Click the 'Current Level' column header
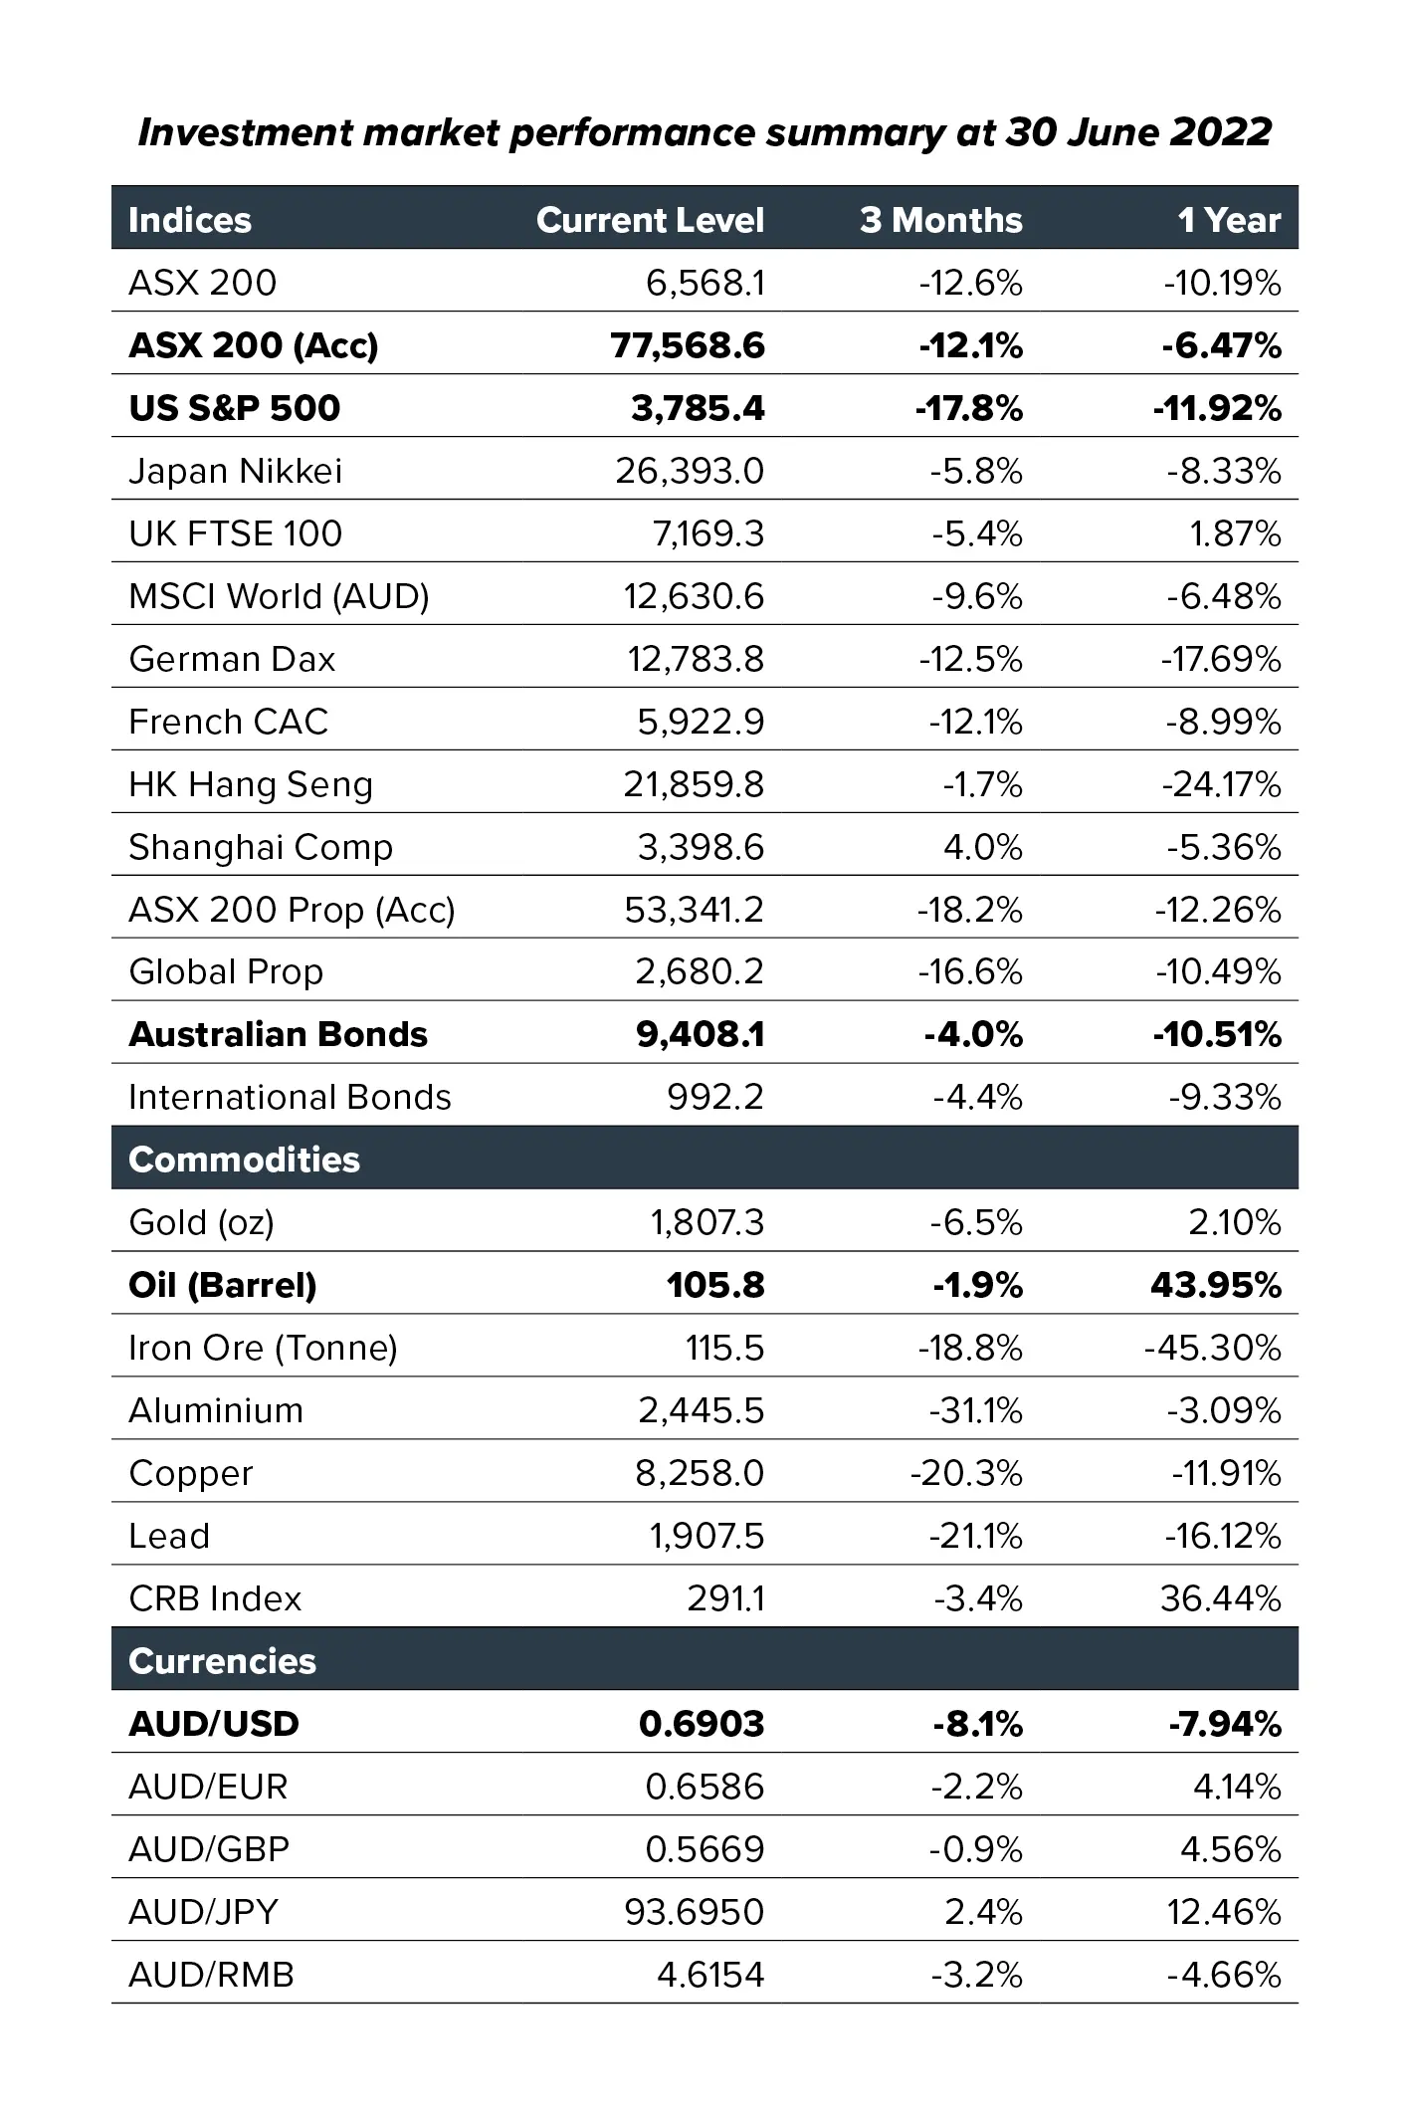point(650,220)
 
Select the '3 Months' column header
point(940,220)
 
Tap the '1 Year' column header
point(1229,220)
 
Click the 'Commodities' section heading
point(244,1160)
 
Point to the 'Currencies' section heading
point(222,1661)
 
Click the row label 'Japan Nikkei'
point(235,471)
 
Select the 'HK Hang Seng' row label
point(251,784)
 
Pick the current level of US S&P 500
point(698,408)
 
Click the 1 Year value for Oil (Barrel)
point(1215,1285)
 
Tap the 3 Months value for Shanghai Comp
point(982,847)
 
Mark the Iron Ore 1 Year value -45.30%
point(1213,1348)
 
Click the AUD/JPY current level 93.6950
point(695,1912)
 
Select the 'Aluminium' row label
point(216,1410)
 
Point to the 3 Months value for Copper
point(966,1473)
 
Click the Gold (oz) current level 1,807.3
point(707,1222)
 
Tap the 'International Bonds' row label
point(290,1097)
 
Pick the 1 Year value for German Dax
point(1221,659)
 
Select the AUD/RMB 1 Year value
point(1224,1975)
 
